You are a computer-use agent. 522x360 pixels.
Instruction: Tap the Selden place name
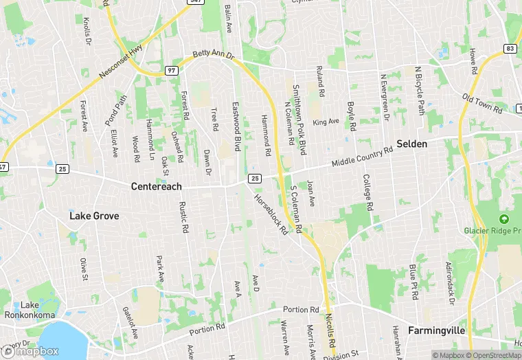pyautogui.click(x=412, y=144)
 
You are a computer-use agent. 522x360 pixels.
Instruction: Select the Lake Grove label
pyautogui.click(x=94, y=216)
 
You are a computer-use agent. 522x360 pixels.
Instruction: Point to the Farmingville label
pyautogui.click(x=437, y=330)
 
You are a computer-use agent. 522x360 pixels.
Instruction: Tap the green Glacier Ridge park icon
pyautogui.click(x=505, y=219)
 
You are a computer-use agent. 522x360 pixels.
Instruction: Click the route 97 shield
pyautogui.click(x=172, y=71)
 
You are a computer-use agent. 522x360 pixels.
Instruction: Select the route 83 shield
pyautogui.click(x=510, y=48)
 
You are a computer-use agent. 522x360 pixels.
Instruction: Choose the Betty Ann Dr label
pyautogui.click(x=213, y=54)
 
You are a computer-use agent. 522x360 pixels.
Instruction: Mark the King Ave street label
pyautogui.click(x=326, y=122)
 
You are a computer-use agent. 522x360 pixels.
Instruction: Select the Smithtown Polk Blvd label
pyautogui.click(x=298, y=114)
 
